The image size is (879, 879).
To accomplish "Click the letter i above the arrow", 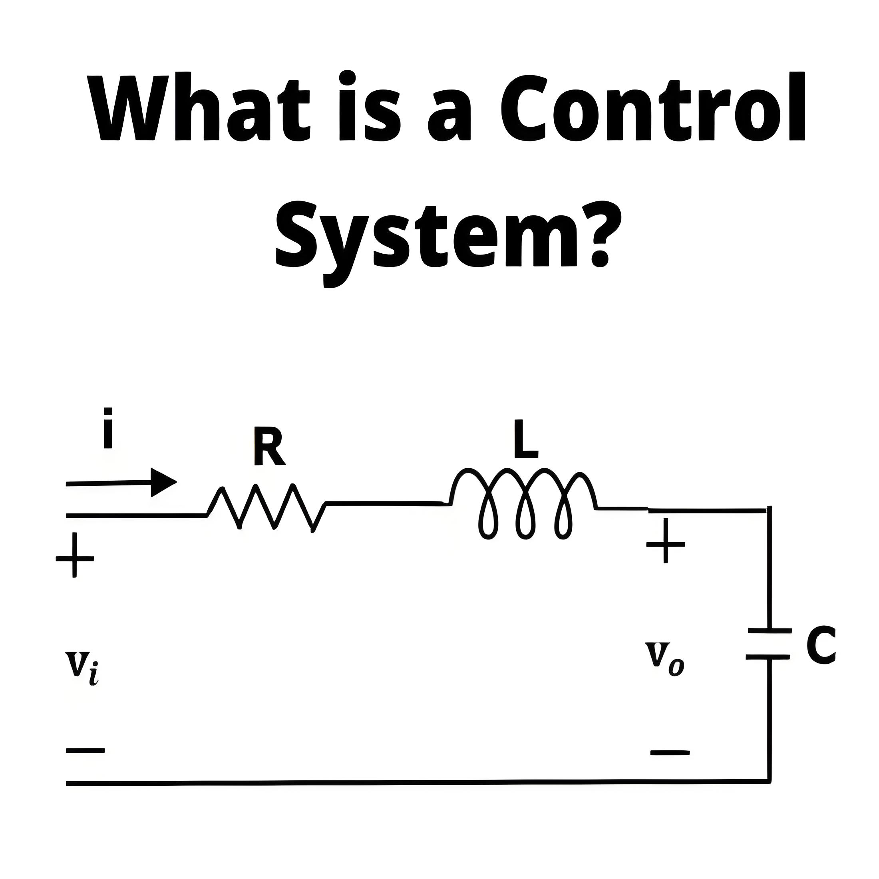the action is [108, 428].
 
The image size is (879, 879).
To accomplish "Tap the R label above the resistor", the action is [270, 445].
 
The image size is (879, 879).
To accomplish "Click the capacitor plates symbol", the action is [768, 644].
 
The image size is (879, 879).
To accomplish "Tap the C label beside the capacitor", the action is [821, 646].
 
